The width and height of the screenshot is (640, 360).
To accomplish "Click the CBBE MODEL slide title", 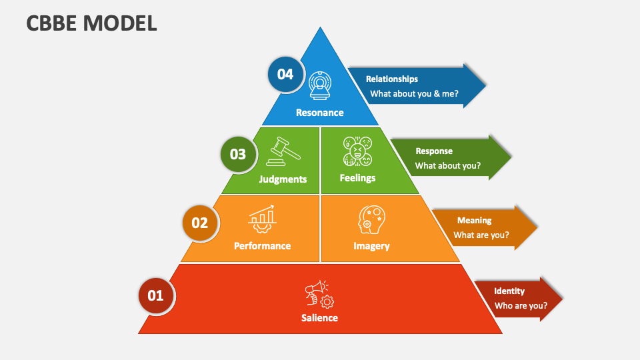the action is (x=91, y=23).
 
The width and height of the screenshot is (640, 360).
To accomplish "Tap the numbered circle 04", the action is (x=285, y=74).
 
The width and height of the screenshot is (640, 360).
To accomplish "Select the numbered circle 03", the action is (x=238, y=154).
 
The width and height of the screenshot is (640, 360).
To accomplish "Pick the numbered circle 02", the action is (x=200, y=223).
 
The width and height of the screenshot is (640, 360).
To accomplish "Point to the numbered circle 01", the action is (x=156, y=295).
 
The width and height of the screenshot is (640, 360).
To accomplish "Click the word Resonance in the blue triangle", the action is (x=319, y=113).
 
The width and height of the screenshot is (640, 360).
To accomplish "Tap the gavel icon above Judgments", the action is (x=283, y=151).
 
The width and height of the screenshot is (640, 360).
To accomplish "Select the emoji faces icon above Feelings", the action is (x=357, y=151).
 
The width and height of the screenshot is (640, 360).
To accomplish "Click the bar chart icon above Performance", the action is (x=262, y=219).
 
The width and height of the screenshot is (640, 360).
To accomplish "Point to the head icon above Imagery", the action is (x=371, y=219).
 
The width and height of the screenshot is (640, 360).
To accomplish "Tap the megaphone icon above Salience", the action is (x=319, y=294).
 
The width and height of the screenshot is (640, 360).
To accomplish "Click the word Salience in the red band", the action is (x=319, y=318).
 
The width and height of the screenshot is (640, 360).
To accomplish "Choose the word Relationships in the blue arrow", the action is (x=392, y=79).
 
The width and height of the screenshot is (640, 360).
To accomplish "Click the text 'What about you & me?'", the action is (x=414, y=94).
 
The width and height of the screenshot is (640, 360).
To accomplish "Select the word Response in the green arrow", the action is (x=434, y=151).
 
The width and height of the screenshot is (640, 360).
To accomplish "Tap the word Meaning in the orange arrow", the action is (x=474, y=221).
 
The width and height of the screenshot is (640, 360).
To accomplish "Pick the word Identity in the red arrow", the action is (x=509, y=291).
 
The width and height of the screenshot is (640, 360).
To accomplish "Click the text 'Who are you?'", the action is (x=521, y=306).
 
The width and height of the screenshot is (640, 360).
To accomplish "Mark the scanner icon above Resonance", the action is (x=319, y=86).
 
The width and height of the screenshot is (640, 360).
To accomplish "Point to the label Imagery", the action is (x=371, y=246).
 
